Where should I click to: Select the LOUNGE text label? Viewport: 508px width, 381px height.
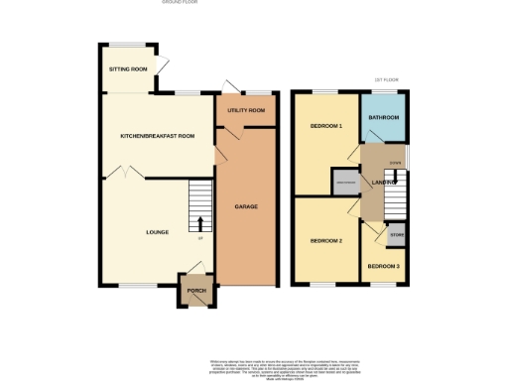157,232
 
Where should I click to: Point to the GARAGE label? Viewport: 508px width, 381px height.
246,206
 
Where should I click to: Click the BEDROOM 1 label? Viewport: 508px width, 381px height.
325,126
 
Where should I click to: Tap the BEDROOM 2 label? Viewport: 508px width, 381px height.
325,241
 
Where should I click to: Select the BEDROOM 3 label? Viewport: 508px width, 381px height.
383,266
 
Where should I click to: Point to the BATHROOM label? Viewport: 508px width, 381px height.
384,118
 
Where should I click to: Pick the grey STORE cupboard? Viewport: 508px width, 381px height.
397,236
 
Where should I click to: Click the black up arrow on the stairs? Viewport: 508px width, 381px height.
201,222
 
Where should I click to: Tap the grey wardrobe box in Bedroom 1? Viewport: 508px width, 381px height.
345,182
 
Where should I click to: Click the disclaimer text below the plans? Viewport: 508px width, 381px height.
254,366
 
